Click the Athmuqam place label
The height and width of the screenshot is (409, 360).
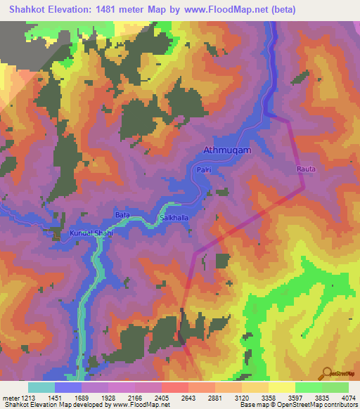226,150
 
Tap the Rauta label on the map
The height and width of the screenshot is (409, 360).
306,169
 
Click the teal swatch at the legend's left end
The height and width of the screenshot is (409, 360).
41,387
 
